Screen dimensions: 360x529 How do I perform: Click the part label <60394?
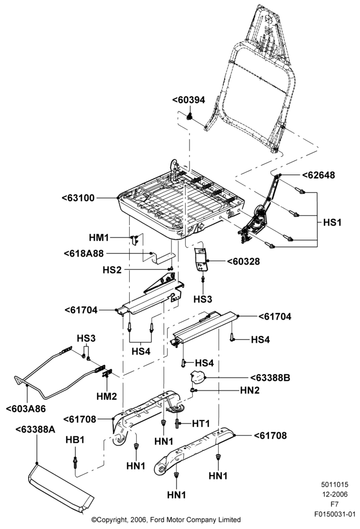[x=188, y=100]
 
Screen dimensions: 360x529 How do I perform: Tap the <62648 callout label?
[x=319, y=175]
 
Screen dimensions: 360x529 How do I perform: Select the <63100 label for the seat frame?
[x=78, y=198]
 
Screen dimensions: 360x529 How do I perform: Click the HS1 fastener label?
[x=332, y=222]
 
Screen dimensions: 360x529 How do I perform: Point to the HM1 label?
[x=99, y=238]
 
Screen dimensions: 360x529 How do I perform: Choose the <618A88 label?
[x=84, y=253]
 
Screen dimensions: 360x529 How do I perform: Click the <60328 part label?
[x=243, y=261]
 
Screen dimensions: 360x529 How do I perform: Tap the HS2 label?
[x=112, y=270]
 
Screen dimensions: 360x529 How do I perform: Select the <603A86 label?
[x=25, y=408]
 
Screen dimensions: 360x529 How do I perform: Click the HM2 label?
[x=107, y=396]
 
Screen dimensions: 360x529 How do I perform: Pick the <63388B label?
[x=270, y=378]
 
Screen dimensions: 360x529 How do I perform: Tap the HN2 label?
[x=250, y=390]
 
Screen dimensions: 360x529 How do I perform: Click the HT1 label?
[x=201, y=423]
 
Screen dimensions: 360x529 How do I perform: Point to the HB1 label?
[x=75, y=440]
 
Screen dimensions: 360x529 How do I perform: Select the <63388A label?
[x=35, y=430]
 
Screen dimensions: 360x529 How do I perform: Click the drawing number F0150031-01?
[x=335, y=515]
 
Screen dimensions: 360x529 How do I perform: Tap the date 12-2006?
[x=335, y=495]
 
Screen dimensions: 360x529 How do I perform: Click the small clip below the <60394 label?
[x=190, y=116]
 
